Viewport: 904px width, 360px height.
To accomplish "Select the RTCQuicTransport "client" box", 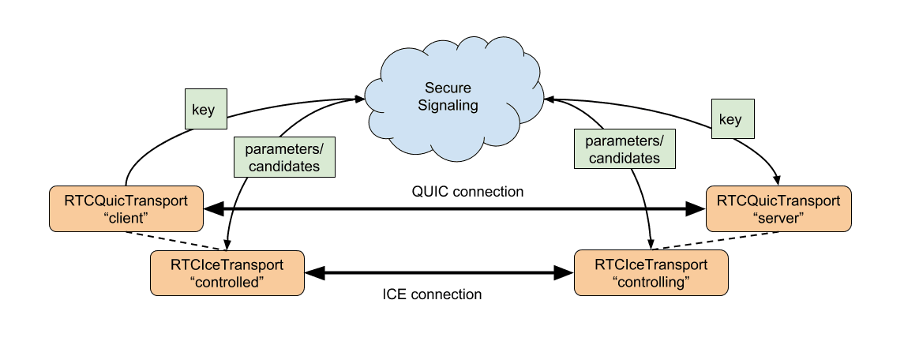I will pos(126,209).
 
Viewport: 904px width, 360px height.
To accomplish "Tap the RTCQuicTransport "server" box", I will pos(778,209).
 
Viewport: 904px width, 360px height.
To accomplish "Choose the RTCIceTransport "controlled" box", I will pos(227,273).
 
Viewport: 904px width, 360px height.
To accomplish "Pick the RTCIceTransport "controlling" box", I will pos(651,273).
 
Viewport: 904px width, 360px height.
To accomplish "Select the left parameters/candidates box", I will pos(283,157).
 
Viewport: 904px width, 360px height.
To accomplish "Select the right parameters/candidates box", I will pos(623,149).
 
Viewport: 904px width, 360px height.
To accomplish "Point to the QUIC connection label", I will pos(456,192).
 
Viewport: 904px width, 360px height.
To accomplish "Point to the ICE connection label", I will pos(432,294).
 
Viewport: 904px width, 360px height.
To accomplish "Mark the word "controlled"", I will pos(227,282).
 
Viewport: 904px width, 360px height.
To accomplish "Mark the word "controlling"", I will pos(651,282).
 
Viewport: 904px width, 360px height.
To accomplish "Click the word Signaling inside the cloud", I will pos(450,105).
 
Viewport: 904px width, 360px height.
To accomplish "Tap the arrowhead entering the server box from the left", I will pos(696,209).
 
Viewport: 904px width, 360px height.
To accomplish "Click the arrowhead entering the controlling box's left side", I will pos(564,273).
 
